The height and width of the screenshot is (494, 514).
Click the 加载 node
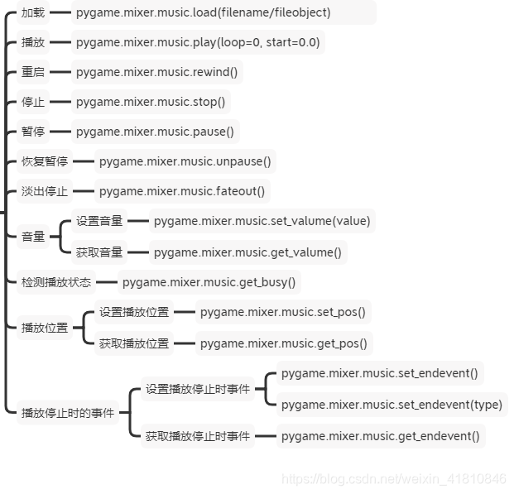coord(33,12)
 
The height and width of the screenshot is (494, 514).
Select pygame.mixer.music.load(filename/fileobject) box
coord(203,12)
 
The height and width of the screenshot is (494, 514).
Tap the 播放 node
coord(33,42)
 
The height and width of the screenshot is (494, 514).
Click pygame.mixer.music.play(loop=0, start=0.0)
coord(198,42)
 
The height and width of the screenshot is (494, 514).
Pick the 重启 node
coord(33,72)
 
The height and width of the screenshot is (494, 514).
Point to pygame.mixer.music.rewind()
coord(156,72)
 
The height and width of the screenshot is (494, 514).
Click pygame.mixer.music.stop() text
coord(151,102)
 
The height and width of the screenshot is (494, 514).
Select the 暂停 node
coord(33,132)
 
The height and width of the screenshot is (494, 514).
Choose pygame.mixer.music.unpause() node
coord(185,161)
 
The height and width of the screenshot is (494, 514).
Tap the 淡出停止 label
coord(45,191)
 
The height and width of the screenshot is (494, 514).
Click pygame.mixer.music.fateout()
coord(182,191)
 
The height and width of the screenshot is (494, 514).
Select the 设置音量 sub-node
coord(99,221)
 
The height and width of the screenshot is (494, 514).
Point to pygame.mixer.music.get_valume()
coord(247,252)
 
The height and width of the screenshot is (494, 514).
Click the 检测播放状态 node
coord(56,282)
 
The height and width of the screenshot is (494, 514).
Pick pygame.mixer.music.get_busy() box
coord(209,282)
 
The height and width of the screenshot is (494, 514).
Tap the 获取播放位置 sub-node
coord(134,343)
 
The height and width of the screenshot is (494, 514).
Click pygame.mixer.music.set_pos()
coord(282,312)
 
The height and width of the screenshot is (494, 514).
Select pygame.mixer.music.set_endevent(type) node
coord(392,405)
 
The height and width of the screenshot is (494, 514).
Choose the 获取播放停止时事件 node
coord(198,435)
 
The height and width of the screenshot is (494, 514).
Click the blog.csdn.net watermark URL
coord(393,479)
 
